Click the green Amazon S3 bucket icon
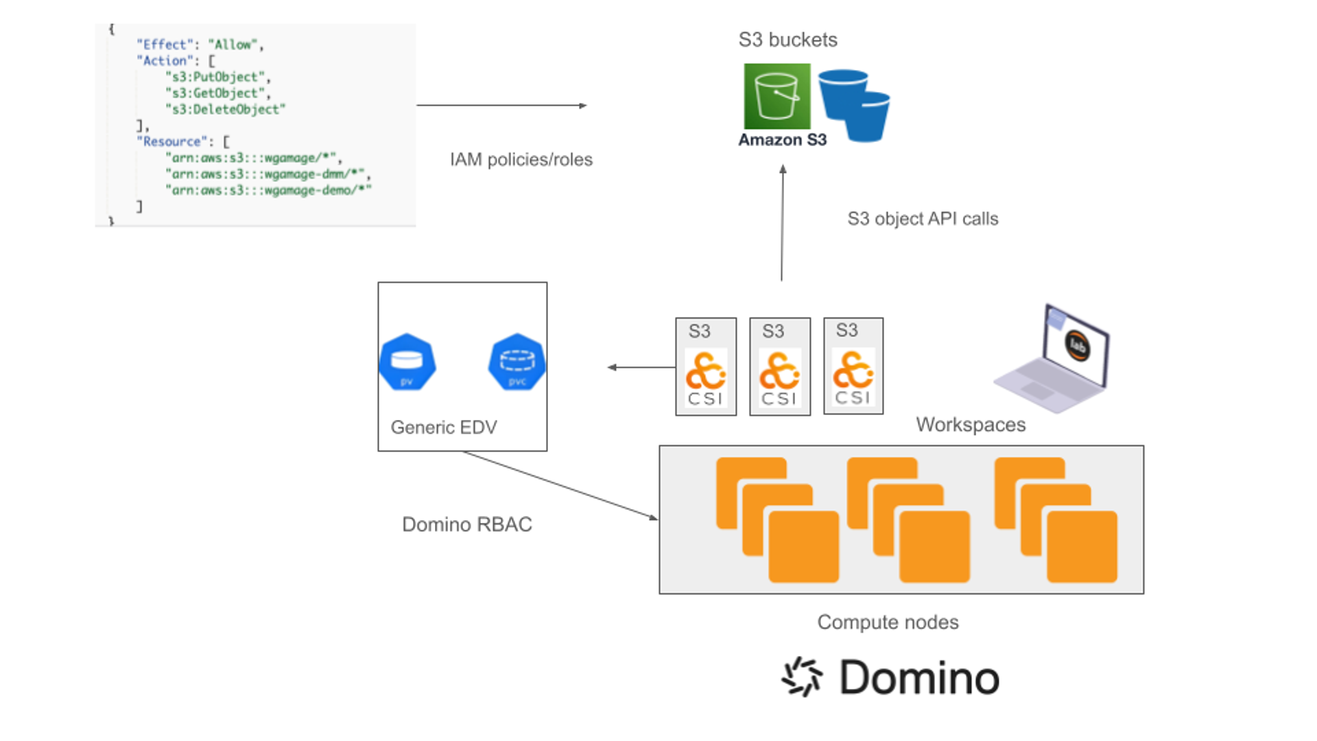777,96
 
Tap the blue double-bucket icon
855,105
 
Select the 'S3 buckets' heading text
787,40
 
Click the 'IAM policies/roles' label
521,160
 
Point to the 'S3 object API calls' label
923,219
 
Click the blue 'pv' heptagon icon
407,362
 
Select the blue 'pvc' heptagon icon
517,362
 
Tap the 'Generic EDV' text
443,427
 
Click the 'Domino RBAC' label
466,525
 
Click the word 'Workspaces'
971,425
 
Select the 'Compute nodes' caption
888,622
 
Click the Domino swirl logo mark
801,677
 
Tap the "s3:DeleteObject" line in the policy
225,110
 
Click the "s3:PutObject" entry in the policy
217,77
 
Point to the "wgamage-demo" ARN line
268,191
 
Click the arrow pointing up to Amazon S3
782,223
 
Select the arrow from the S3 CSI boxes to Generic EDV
641,367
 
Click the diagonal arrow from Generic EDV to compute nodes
560,485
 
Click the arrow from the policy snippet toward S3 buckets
501,106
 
